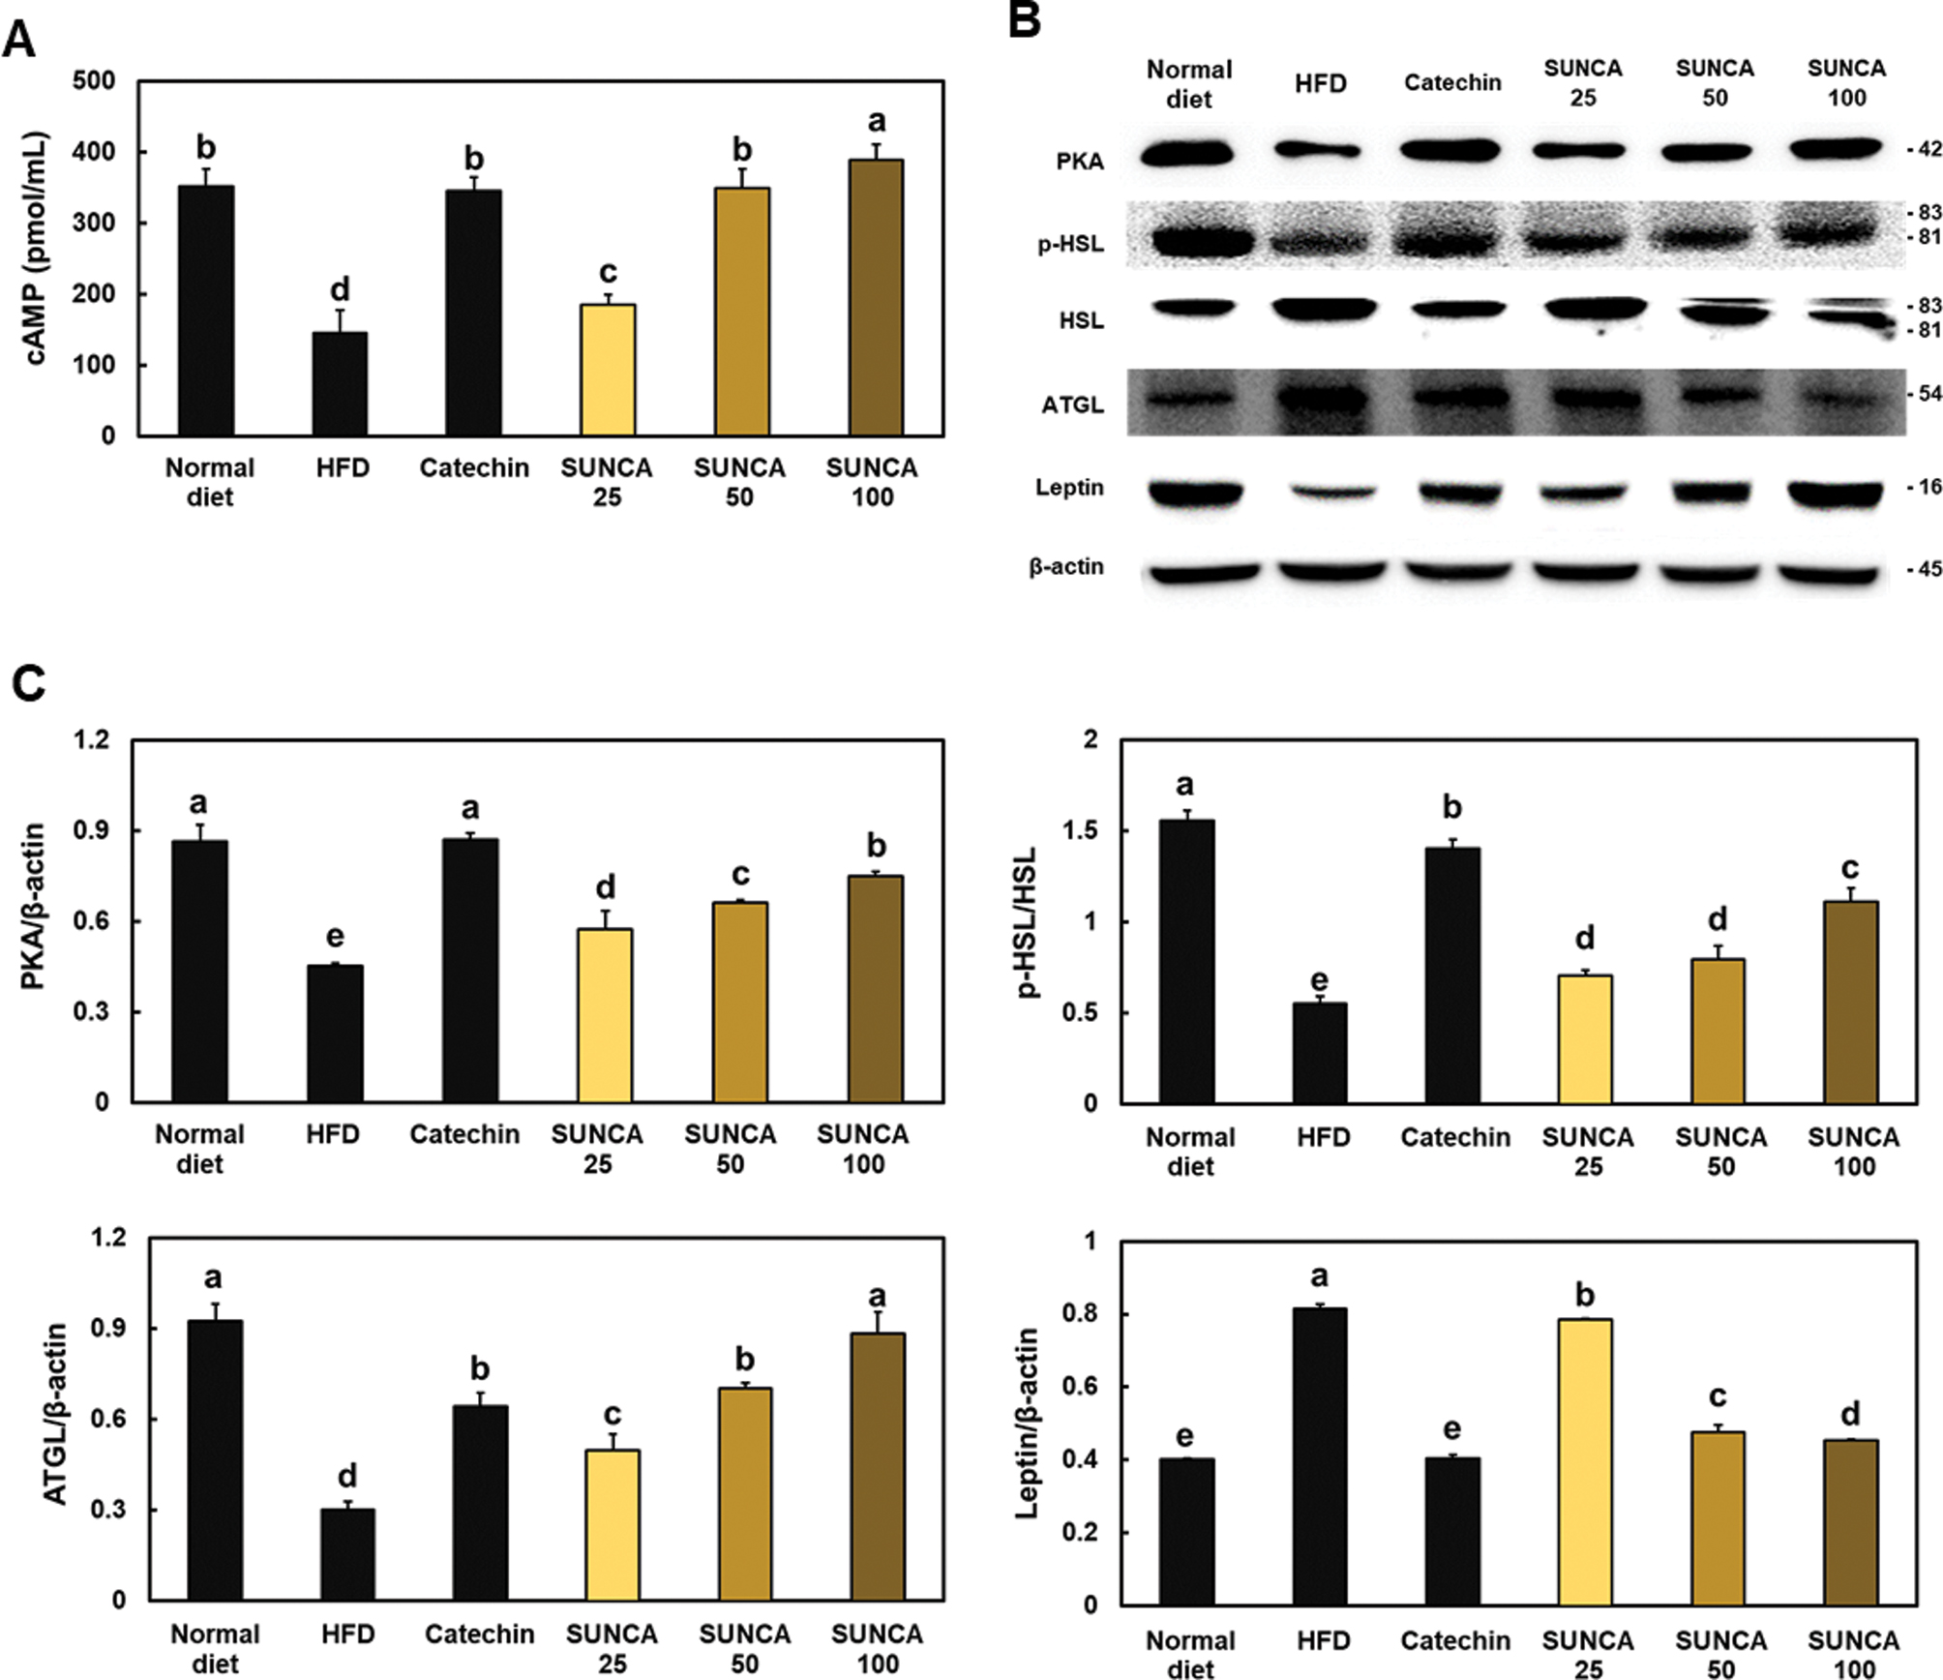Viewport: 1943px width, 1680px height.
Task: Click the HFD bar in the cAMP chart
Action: pos(341,384)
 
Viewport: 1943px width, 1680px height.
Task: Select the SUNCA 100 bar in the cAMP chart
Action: pos(876,298)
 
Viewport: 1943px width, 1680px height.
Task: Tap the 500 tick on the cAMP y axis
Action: pos(94,81)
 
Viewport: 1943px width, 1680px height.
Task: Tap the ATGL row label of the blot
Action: pos(1072,405)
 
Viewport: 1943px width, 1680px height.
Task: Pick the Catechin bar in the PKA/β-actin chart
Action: pos(470,970)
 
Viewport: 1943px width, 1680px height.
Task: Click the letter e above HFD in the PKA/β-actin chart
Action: pos(335,936)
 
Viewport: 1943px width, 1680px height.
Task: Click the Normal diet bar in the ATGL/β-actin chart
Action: pos(215,1460)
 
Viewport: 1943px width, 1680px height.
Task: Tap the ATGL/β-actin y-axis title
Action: pos(56,1414)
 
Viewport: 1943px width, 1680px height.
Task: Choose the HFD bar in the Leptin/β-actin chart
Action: pos(1320,1456)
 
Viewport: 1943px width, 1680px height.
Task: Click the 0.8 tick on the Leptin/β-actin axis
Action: pos(1083,1314)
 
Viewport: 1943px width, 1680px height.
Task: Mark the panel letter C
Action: pos(29,683)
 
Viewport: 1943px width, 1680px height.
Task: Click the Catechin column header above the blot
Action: pos(1452,83)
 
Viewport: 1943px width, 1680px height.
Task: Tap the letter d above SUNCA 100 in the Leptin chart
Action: pos(1850,1415)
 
